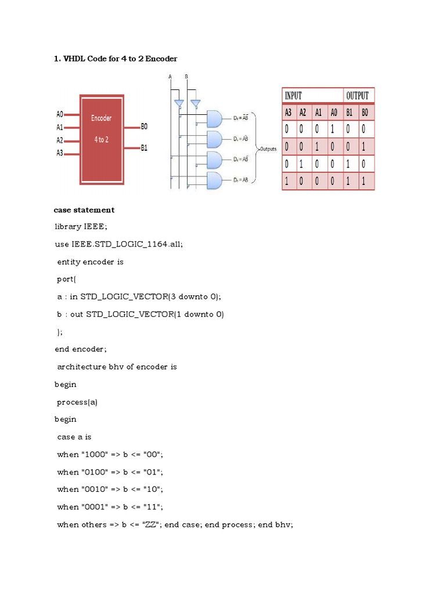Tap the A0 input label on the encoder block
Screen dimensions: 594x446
[60, 115]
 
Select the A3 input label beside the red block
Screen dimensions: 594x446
[60, 153]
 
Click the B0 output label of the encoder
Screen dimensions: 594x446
[145, 126]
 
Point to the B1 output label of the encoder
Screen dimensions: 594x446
[145, 148]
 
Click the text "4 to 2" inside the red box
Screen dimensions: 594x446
[101, 140]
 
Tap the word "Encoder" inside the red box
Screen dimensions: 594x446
[101, 118]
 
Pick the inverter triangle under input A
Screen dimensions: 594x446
[179, 103]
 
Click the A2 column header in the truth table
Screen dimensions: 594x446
[304, 113]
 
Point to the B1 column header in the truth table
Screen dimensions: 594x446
[350, 113]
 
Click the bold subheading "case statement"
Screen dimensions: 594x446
[84, 210]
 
